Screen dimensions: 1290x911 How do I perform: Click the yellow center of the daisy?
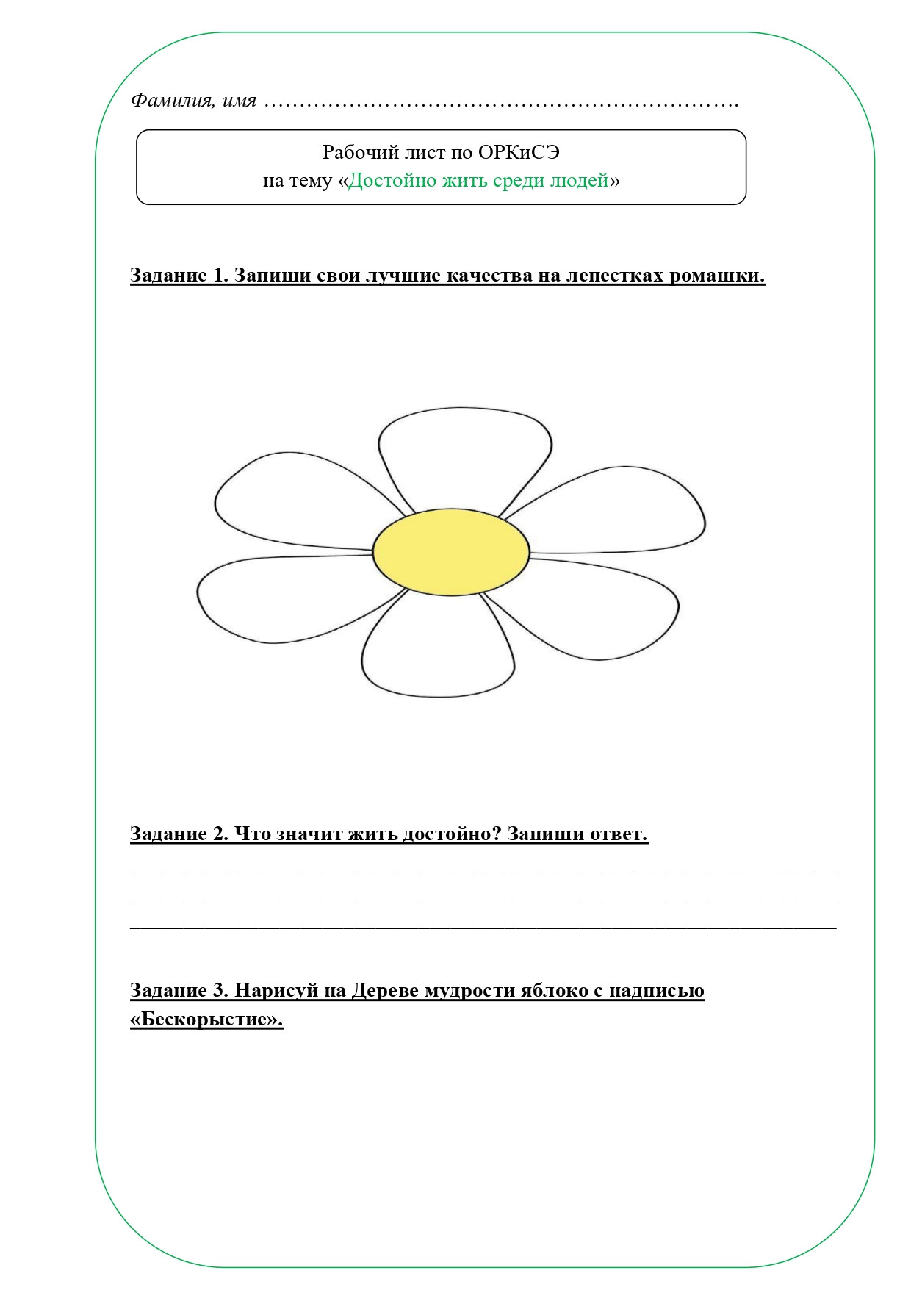click(x=450, y=551)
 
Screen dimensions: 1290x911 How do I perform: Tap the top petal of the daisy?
click(x=464, y=456)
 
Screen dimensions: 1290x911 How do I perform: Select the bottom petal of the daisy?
click(x=437, y=651)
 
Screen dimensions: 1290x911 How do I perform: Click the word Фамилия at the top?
click(x=172, y=100)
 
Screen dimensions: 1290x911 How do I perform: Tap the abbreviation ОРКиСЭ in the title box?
click(x=519, y=152)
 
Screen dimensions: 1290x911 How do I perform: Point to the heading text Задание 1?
click(x=179, y=275)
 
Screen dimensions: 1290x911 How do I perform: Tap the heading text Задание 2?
click(x=179, y=834)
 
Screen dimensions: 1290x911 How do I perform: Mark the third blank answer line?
click(x=483, y=928)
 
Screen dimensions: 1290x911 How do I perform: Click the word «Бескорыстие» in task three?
click(x=206, y=1020)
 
